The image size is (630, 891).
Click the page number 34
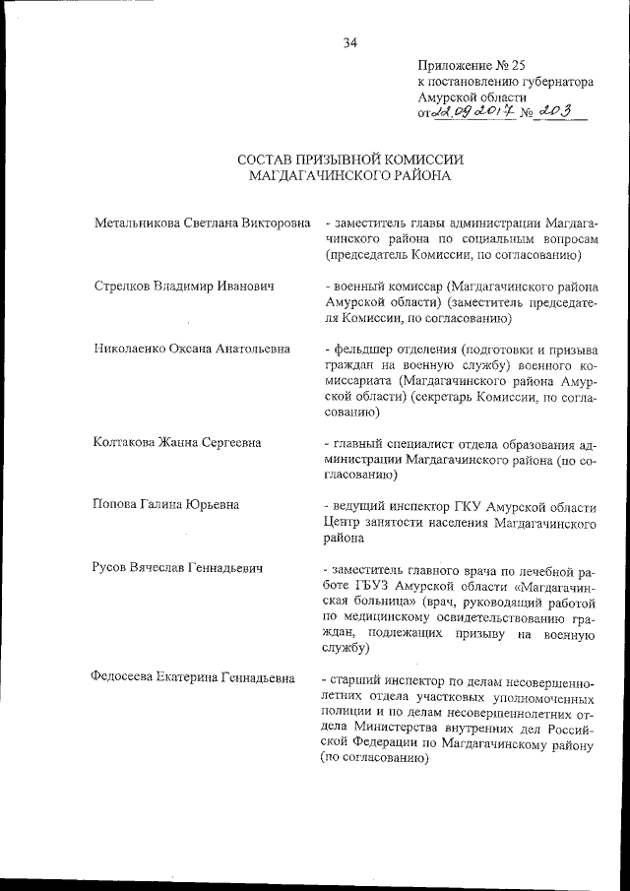[x=349, y=42]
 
